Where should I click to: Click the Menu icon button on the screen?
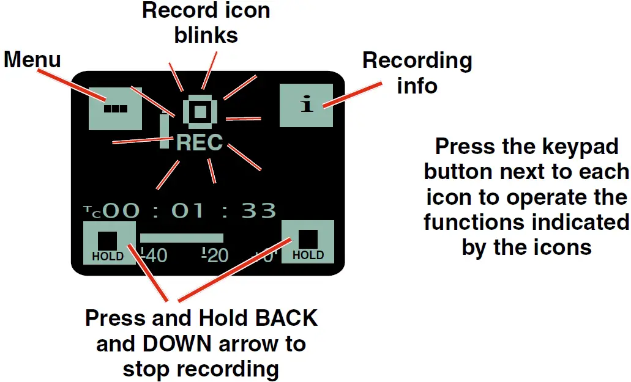tap(115, 108)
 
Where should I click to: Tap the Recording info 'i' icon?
tap(307, 105)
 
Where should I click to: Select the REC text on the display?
tap(200, 143)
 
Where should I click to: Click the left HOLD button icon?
tap(109, 243)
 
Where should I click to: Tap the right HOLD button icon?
tap(308, 241)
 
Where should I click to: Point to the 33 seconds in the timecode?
tap(259, 211)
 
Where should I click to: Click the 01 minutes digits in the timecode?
tap(189, 211)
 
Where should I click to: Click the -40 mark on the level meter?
tap(154, 255)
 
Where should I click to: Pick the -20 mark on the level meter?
tap(215, 255)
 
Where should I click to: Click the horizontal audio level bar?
tap(181, 238)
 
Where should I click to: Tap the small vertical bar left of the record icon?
tap(164, 131)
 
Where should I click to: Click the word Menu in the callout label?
tap(32, 59)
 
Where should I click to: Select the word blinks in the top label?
tap(206, 35)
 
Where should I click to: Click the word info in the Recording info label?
tap(417, 86)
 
